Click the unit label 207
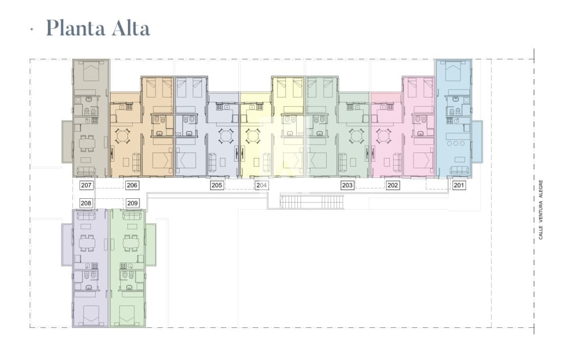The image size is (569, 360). click(86, 185)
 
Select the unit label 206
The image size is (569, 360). click(132, 185)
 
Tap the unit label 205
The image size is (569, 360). click(217, 185)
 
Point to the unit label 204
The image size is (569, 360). click(261, 185)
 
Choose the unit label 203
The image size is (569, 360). click(347, 185)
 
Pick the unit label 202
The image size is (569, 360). click(393, 185)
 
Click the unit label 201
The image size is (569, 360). click(459, 185)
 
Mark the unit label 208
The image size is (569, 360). click(86, 203)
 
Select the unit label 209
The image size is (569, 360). click(132, 203)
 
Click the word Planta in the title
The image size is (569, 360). click(76, 28)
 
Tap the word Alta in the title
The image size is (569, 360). click(131, 28)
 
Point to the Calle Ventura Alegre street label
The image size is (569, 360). click(541, 210)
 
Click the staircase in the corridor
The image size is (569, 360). click(312, 202)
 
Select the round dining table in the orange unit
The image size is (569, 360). click(123, 136)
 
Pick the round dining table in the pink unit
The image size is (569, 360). click(383, 136)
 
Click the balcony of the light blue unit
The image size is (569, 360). click(477, 142)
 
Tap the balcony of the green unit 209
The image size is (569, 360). click(151, 245)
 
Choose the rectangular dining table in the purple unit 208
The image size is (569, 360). click(87, 243)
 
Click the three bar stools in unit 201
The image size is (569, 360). click(456, 143)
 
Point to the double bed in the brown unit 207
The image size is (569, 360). click(91, 71)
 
